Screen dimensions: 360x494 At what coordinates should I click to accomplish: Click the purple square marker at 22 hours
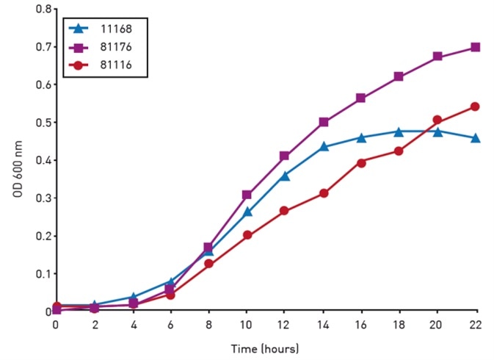tap(475, 47)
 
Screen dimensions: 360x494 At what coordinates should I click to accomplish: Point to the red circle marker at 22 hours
tap(475, 107)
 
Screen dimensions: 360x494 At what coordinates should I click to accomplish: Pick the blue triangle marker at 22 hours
tap(475, 137)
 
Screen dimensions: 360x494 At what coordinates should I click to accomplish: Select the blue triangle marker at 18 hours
tap(399, 132)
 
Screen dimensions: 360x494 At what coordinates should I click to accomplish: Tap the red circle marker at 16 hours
tap(361, 162)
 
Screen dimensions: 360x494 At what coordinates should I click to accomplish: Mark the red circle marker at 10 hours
tap(247, 235)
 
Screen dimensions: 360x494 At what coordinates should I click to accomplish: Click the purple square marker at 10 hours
tap(247, 195)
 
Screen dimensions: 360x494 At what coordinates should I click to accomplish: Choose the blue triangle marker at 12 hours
tap(285, 176)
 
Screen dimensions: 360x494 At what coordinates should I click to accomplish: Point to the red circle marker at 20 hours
tap(437, 120)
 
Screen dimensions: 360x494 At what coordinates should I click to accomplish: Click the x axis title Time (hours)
tap(266, 348)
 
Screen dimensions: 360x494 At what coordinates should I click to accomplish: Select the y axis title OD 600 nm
tap(12, 159)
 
